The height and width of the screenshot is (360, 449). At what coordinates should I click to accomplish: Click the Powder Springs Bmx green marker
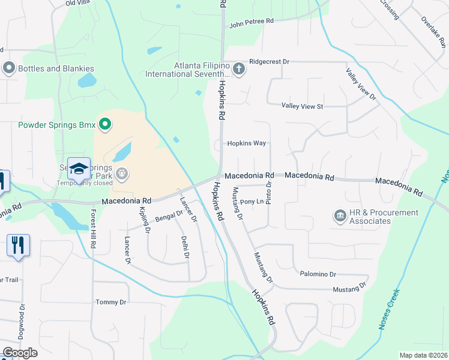pos(105,125)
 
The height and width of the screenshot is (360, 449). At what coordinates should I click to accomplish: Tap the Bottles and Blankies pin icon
pos(8,68)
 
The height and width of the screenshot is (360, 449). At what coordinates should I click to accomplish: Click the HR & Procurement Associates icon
pos(339,215)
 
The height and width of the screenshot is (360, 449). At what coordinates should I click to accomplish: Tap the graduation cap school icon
pos(79,169)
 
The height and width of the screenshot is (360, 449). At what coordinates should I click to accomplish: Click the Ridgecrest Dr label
pos(269,62)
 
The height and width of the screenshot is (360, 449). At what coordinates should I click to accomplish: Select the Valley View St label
pos(303,106)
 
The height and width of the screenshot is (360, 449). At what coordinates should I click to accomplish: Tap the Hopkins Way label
pos(246,143)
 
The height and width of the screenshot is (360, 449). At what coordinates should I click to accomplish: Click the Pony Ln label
pos(252,202)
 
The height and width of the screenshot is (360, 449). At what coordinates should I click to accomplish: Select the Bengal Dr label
pos(169,216)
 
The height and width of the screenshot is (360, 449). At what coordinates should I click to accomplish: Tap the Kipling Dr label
pos(143,220)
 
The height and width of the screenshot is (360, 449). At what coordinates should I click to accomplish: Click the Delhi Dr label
pos(185,247)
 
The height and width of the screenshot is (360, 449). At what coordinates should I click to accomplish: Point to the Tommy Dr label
pos(111,302)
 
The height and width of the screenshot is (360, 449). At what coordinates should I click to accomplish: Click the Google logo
pos(20,352)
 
